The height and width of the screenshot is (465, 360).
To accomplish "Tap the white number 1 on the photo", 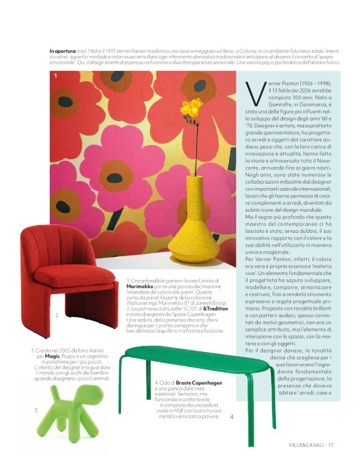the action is pyautogui.click(x=56, y=76).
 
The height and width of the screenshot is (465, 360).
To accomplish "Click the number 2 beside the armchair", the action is pyautogui.click(x=56, y=315).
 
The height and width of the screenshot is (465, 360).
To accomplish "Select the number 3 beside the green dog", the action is pyautogui.click(x=35, y=410).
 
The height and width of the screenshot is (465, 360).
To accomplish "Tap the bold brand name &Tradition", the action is pyautogui.click(x=217, y=308).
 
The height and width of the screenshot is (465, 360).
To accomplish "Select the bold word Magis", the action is pyautogui.click(x=53, y=356).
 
